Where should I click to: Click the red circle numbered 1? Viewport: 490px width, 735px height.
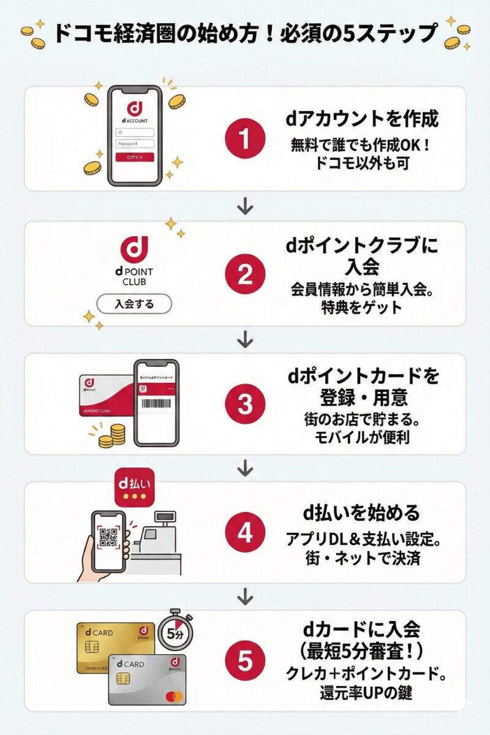click(244, 140)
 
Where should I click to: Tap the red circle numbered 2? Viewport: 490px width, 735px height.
click(244, 274)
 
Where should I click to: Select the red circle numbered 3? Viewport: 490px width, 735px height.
click(244, 404)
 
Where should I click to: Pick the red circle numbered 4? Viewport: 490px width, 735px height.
click(244, 533)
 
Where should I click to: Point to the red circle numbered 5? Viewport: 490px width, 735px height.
click(244, 661)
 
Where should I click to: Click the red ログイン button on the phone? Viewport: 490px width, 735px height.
click(135, 157)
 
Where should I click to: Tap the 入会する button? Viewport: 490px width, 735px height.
click(135, 304)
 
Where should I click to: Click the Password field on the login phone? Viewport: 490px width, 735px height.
click(135, 143)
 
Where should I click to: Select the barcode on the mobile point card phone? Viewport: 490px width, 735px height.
click(156, 405)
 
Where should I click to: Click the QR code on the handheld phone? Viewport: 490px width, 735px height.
click(108, 537)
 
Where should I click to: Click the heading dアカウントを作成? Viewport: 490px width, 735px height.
click(362, 119)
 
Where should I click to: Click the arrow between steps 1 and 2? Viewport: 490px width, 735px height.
click(245, 206)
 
